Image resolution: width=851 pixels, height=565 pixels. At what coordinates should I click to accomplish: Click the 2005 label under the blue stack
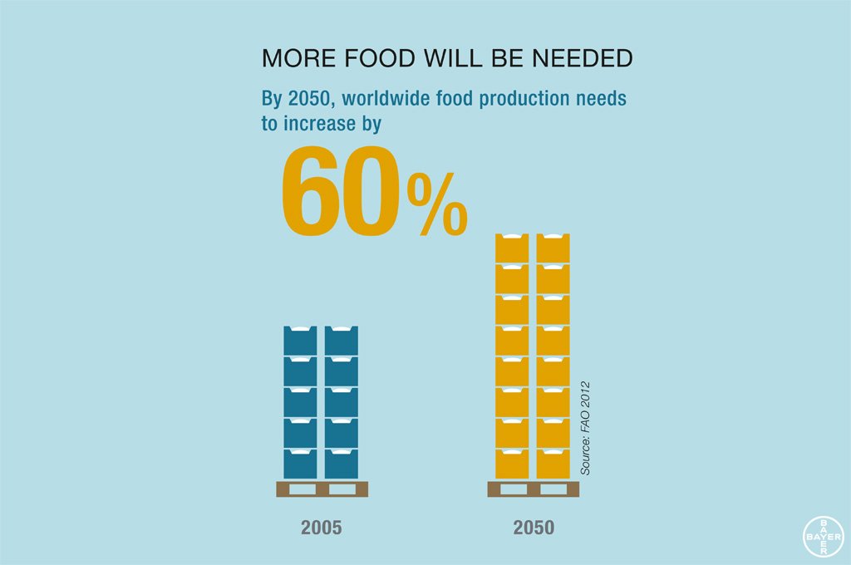321,528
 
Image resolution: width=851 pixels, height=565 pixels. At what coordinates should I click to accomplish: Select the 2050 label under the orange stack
533,528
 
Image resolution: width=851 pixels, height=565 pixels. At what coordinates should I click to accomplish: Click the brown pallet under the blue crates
322,489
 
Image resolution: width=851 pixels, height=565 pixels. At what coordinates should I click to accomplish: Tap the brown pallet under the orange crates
533,489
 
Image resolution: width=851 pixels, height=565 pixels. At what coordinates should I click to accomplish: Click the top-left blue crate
300,341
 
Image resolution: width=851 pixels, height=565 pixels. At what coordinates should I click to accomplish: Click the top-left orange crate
512,248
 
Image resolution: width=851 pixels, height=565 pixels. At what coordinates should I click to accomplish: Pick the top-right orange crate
553,248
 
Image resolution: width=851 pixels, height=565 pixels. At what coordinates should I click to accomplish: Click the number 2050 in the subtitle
308,99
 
